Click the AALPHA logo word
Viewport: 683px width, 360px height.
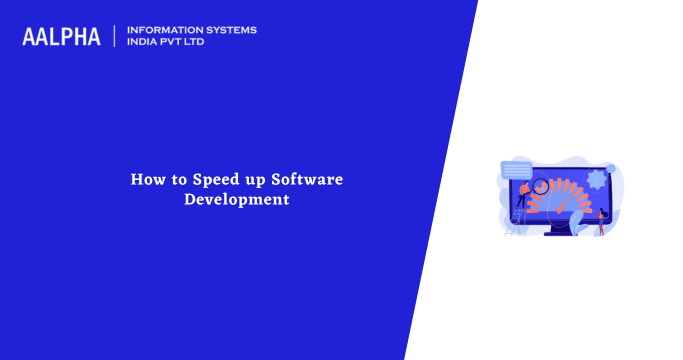tap(61, 36)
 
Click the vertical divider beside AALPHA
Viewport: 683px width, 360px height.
tap(115, 36)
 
